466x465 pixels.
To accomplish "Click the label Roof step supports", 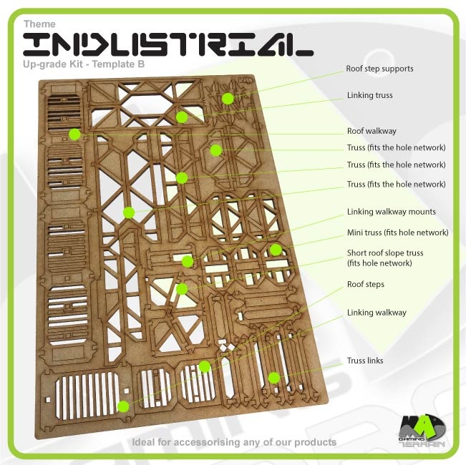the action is tap(379, 69).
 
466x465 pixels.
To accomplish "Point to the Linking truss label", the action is tap(369, 95).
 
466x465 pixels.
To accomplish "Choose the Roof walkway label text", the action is tap(371, 132).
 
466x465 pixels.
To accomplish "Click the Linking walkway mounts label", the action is tap(391, 212).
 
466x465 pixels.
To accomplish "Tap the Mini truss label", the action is tap(397, 232).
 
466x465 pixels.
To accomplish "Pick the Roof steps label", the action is tap(365, 285).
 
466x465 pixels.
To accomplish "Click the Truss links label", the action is tap(365, 361).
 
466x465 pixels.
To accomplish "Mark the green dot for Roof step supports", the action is tap(228, 98).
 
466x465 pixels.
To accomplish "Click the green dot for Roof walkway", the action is tap(74, 134).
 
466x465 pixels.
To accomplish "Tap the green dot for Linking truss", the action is tap(182, 117).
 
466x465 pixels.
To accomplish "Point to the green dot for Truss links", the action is tap(273, 377).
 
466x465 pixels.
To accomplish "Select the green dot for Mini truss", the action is tap(276, 250).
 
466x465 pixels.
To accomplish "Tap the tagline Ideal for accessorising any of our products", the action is tap(234, 442).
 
